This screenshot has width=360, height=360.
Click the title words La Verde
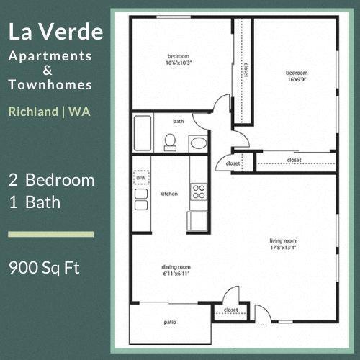(x=55, y=32)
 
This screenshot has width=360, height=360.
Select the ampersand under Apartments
(x=48, y=70)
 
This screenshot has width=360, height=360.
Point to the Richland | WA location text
(x=48, y=112)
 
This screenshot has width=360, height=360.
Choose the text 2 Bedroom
(x=51, y=180)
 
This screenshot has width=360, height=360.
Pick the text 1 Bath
(x=34, y=202)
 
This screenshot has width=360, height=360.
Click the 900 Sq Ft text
(x=44, y=269)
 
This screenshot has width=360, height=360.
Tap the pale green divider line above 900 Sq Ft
(x=50, y=234)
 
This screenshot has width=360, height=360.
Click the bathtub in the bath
(x=142, y=132)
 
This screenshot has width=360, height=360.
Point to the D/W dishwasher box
(x=141, y=177)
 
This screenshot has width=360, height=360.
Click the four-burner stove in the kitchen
(x=198, y=192)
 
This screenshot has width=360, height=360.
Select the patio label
(x=169, y=323)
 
